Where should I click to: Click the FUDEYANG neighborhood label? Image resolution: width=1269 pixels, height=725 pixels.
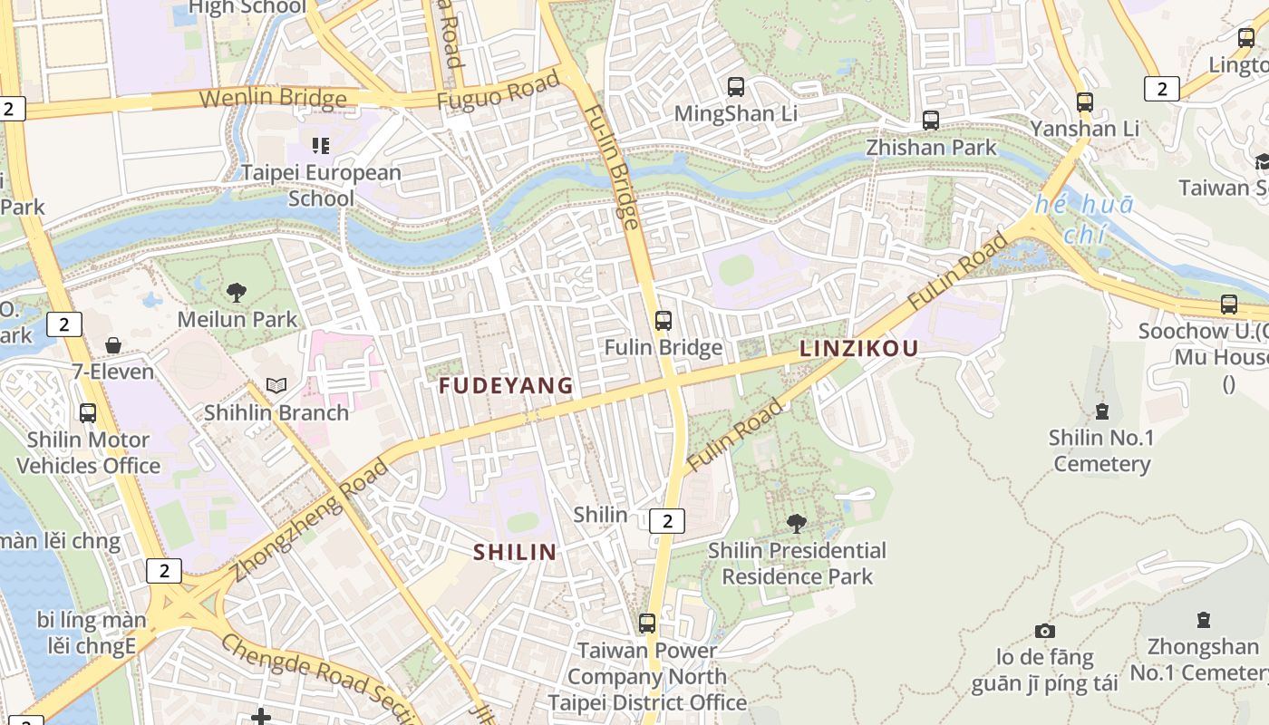coord(506,386)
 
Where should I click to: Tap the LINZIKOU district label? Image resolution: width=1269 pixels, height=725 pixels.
coord(858,348)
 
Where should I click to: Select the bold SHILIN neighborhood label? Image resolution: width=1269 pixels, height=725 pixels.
coord(515,552)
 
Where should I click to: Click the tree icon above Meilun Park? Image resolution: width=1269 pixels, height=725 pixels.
coord(237,293)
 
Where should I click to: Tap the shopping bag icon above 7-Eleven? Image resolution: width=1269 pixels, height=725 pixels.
coord(113,345)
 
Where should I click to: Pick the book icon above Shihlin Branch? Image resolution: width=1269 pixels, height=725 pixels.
coord(276,386)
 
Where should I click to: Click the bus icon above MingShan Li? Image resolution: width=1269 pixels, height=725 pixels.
coord(736,87)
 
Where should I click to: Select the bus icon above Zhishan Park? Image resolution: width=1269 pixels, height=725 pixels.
coord(930,120)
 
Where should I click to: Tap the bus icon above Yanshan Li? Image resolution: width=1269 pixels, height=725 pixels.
coord(1084,101)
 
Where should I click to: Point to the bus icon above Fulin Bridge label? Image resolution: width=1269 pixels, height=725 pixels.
coord(664,320)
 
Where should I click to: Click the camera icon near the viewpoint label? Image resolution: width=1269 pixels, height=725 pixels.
coord(1045,631)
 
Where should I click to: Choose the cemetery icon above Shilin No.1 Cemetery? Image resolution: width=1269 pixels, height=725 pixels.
coord(1101,411)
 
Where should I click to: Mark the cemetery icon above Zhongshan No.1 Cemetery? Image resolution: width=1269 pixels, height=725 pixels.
coord(1203,621)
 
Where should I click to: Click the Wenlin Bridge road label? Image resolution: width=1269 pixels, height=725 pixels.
coord(273,98)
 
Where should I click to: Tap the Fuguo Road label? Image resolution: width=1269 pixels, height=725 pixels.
coord(498,92)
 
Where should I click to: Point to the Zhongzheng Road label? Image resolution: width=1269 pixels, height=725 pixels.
coord(309,522)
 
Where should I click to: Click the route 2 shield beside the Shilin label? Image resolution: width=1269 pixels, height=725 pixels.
coord(667,520)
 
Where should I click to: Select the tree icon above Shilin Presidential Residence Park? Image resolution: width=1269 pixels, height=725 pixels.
coord(797,523)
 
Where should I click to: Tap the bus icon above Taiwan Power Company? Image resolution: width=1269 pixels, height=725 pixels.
coord(647,623)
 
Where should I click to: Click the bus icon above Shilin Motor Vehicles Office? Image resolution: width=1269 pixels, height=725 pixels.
coord(88,413)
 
